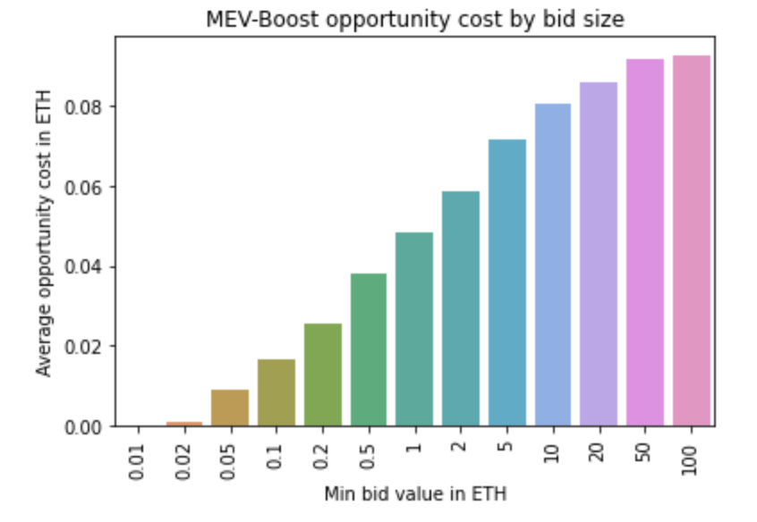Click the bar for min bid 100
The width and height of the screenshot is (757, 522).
point(691,240)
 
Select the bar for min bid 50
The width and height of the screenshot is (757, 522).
point(645,242)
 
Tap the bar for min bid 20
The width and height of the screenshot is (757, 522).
point(599,254)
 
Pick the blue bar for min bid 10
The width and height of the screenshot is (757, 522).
point(553,265)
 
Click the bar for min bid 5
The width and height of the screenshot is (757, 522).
point(506,282)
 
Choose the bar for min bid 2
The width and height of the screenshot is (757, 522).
point(461,308)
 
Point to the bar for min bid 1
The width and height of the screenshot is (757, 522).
point(414,329)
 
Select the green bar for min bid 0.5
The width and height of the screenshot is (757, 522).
point(369,349)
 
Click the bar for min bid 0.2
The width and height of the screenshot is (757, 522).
point(322,375)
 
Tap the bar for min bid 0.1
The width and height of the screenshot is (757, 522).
point(276,392)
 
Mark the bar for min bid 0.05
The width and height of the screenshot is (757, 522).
point(230,408)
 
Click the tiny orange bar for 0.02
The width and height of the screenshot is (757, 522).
point(184,424)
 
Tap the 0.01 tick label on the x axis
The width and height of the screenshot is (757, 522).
point(137,458)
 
